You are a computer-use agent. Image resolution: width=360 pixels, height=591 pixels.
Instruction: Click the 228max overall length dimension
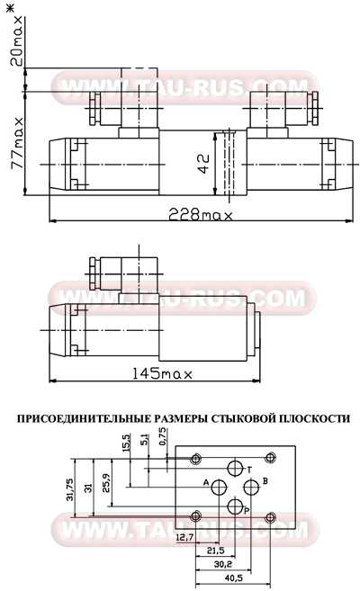[x=201, y=216]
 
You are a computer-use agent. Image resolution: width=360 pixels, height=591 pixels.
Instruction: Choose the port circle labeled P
[x=236, y=507]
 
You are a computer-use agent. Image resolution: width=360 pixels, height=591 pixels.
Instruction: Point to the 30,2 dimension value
[x=222, y=563]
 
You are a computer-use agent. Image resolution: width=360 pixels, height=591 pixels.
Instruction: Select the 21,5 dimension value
[x=214, y=550]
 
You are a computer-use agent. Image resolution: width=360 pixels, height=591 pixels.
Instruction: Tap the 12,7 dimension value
[x=185, y=537]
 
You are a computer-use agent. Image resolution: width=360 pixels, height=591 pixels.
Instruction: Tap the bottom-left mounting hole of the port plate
[x=197, y=516]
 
